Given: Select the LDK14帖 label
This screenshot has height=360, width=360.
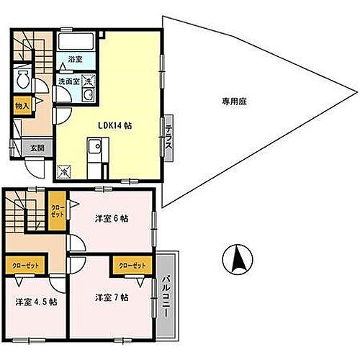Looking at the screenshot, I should pyautogui.click(x=115, y=124).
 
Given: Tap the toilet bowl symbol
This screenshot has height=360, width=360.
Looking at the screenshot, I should pyautogui.click(x=22, y=78).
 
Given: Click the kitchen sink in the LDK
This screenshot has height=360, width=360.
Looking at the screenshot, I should pyautogui.click(x=94, y=150).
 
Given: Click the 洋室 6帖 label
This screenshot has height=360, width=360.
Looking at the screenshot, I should pyautogui.click(x=111, y=219).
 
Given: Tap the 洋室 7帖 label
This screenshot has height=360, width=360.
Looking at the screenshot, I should pyautogui.click(x=110, y=297).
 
